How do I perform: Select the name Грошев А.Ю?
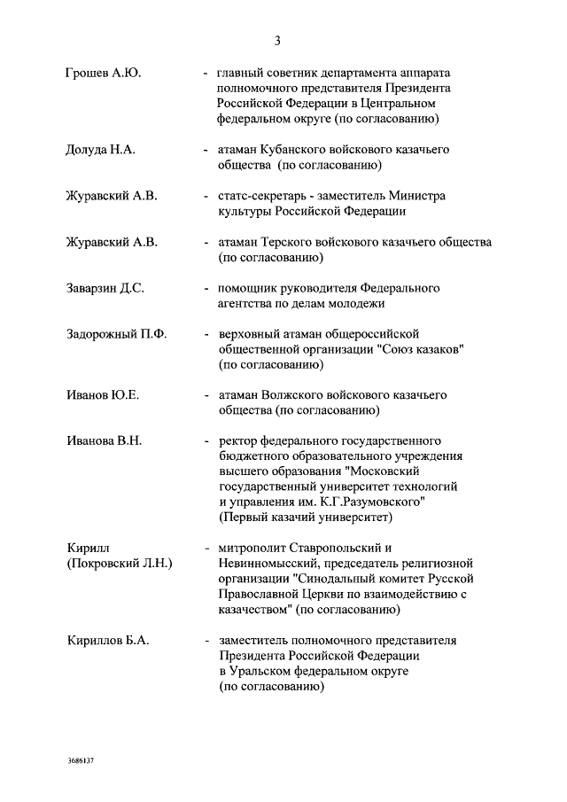coord(104,74)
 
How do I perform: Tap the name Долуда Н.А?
coord(101,150)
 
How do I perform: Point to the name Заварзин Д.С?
coord(105,288)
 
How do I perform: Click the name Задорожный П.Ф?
coord(117,334)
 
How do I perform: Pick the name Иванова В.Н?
coord(105,440)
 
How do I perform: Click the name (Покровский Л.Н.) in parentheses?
coord(120,563)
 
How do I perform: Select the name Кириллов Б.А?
coord(107,640)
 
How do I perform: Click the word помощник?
coord(250,288)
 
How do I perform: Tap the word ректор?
coord(236,440)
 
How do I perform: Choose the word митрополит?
coord(251,547)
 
